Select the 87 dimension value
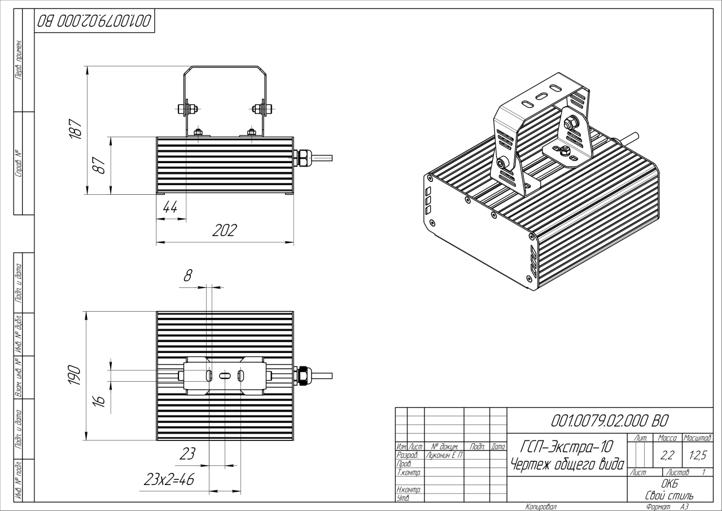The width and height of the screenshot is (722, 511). coord(102,165)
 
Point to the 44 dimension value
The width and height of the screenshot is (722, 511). coord(170,208)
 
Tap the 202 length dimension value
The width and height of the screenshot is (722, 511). coord(225,230)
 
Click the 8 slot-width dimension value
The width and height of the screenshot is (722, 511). coord(188,276)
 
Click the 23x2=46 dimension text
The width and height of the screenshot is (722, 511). coord(169,481)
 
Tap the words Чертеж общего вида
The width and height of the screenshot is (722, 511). coord(567,464)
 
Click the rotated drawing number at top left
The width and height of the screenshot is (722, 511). coord(94,21)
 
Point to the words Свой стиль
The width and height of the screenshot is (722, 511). coord(670,495)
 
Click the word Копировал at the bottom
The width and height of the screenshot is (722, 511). coord(541,507)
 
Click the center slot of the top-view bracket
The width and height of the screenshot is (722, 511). coord(225,375)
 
